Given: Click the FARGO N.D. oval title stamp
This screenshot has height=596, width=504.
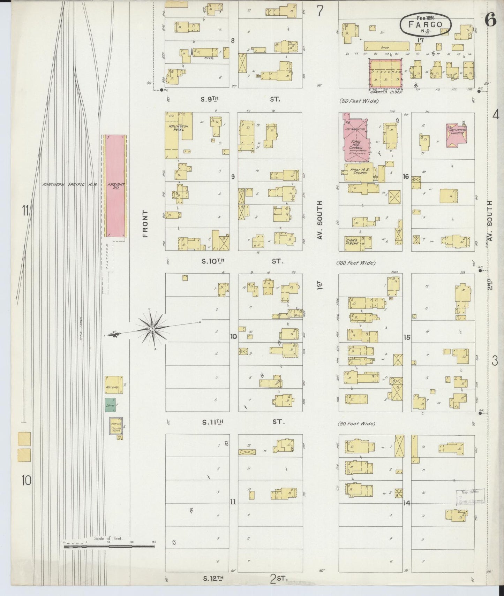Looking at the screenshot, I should click(x=425, y=24).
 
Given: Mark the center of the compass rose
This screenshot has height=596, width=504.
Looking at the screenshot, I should click(x=152, y=329).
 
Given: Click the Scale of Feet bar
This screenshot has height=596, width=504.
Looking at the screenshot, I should click(x=109, y=547).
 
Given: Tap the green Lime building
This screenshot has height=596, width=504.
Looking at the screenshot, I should click(x=110, y=405).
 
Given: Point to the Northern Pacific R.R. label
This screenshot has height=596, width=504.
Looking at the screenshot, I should click(x=70, y=184).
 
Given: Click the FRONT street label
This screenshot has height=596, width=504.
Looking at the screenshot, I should click(x=145, y=224).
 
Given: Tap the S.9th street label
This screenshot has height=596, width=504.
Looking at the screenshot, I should click(x=209, y=99).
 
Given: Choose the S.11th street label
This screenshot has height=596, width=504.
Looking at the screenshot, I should click(x=212, y=422).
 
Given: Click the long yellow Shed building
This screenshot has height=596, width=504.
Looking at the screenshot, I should click(x=386, y=46).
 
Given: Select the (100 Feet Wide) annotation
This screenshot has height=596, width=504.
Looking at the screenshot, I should click(x=356, y=263).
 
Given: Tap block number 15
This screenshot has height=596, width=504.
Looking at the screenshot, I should click(x=406, y=337).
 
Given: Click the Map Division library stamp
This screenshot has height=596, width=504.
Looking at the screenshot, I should click(x=470, y=497).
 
